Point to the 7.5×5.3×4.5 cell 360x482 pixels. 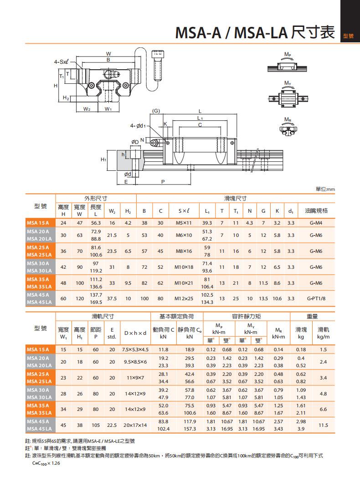[135, 349]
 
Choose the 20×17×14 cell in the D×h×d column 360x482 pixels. [135, 425]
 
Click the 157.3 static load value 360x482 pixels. [189, 429]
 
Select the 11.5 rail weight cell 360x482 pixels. [324, 425]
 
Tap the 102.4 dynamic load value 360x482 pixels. [163, 429]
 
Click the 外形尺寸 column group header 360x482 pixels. [96, 198]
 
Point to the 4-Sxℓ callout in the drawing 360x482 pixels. [61, 61]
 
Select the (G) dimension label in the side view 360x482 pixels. [156, 111]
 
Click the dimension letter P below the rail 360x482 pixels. [163, 181]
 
